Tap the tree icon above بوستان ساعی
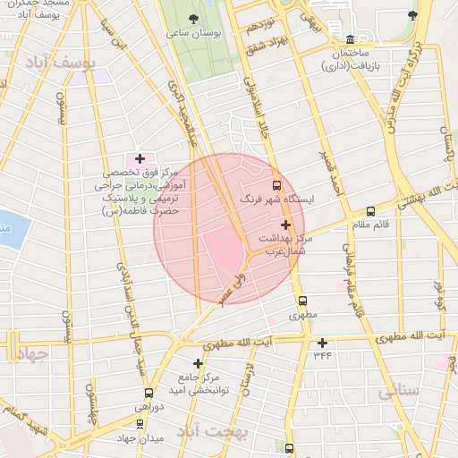tap(196, 17)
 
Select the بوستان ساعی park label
tap(195, 34)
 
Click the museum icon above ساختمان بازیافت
tap(350, 39)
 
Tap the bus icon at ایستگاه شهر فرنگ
tap(275, 184)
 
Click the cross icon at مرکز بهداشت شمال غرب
tap(285, 225)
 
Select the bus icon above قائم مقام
tap(370, 211)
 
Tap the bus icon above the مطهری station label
tap(301, 301)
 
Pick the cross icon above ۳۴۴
tap(322, 342)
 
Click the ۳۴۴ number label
tap(322, 355)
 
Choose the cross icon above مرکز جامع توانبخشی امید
tap(198, 363)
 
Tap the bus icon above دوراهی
tap(148, 392)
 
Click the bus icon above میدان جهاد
tap(140, 423)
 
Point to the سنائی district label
tap(400, 391)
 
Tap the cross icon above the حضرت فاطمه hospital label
tap(140, 158)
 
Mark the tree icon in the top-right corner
tap(411, 15)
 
